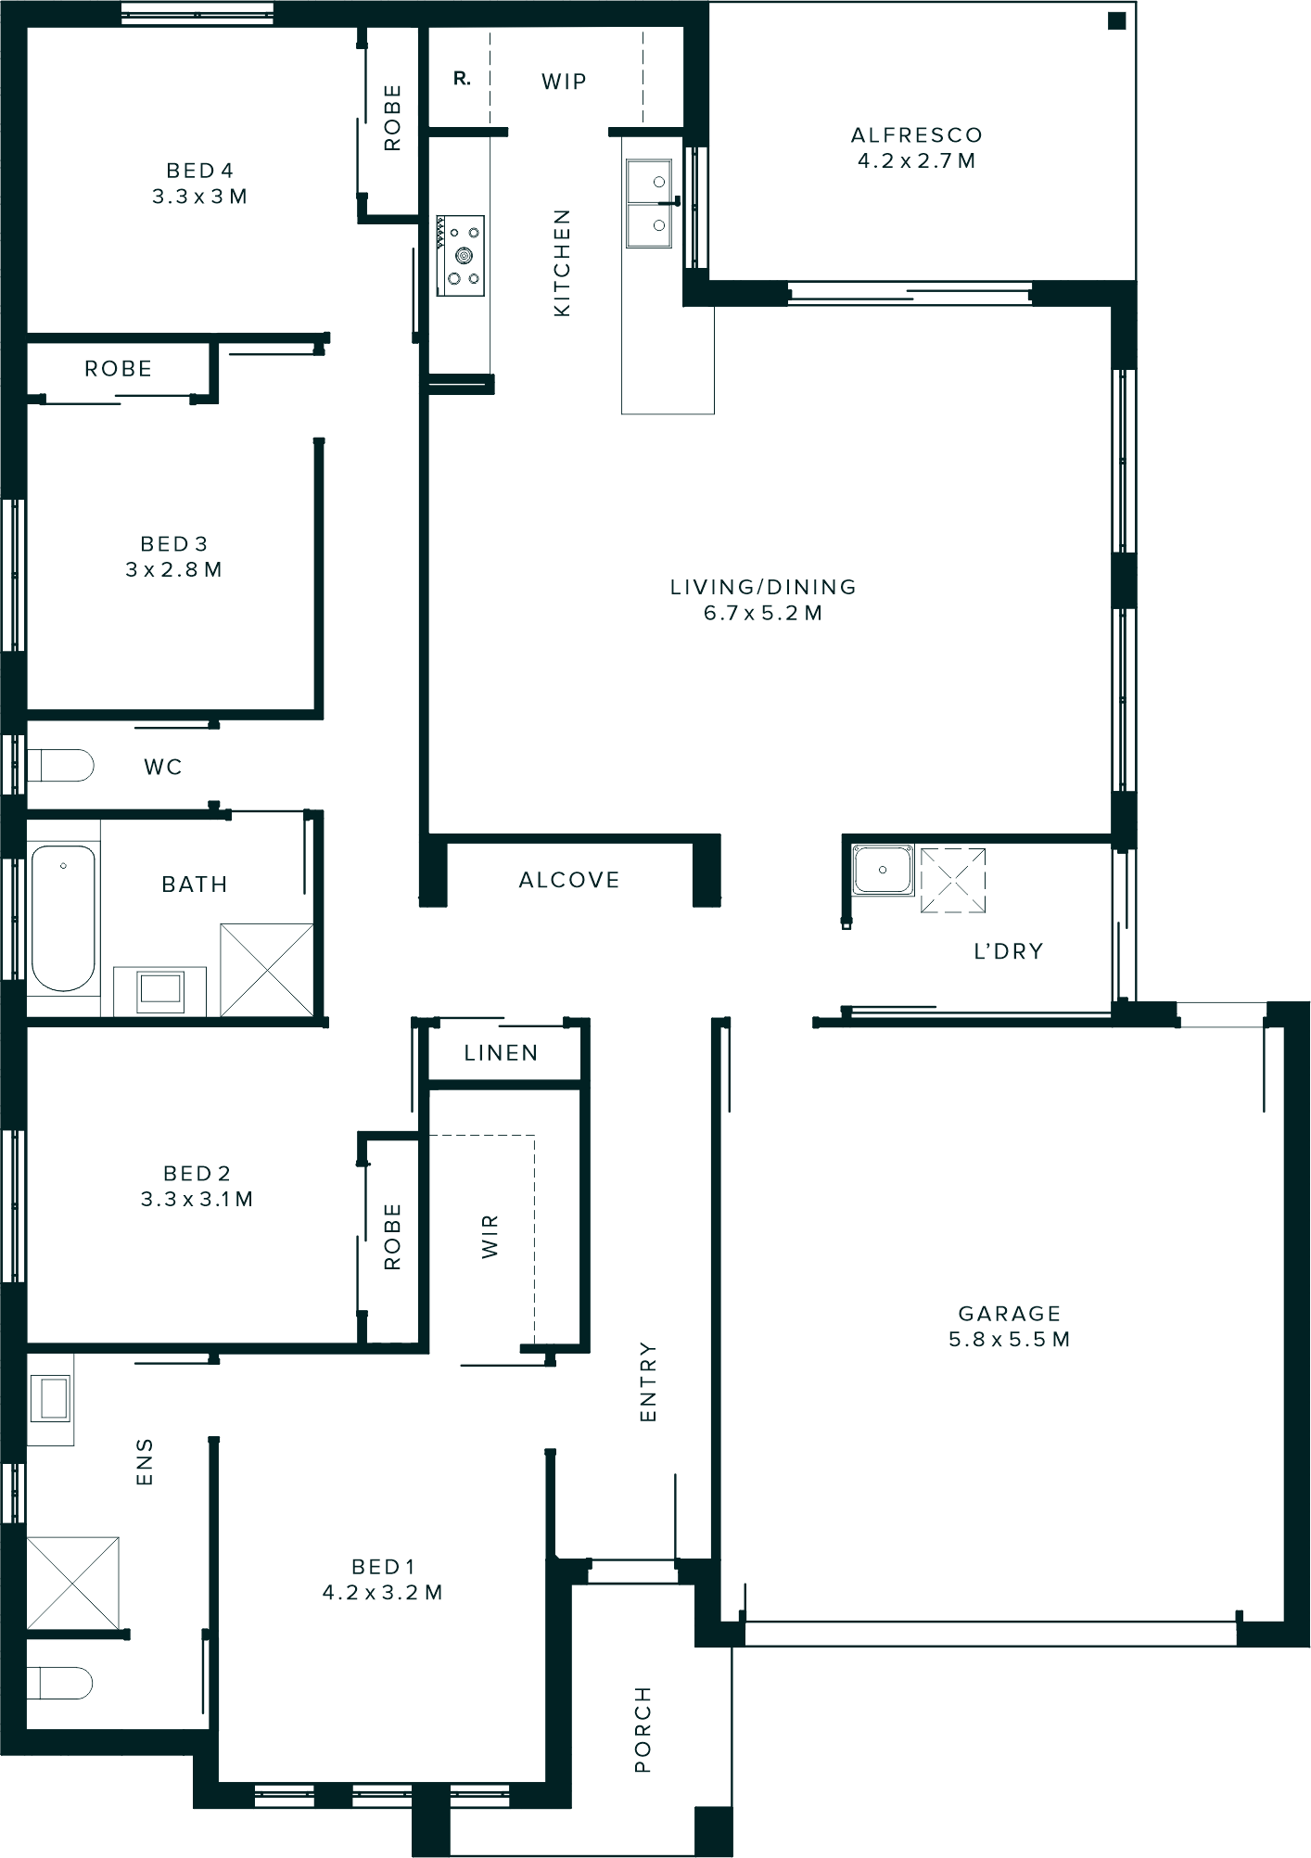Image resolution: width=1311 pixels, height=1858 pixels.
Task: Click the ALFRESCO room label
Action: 916,135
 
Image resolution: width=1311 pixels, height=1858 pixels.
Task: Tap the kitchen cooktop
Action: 461,256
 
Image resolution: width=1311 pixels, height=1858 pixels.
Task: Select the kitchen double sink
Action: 649,204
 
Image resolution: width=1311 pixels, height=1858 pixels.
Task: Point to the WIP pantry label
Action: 564,82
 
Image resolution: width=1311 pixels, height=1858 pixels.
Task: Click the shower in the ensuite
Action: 73,1583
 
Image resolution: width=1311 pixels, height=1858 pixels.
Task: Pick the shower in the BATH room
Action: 267,970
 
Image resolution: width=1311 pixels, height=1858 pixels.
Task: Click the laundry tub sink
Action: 883,870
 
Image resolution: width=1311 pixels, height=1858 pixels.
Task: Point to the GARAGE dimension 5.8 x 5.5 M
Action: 1009,1339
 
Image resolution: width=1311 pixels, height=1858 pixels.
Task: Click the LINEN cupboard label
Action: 501,1053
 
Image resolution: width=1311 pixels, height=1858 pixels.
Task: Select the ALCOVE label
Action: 568,880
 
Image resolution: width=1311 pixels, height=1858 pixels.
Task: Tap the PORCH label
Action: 643,1729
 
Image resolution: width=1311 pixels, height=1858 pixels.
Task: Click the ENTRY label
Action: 647,1381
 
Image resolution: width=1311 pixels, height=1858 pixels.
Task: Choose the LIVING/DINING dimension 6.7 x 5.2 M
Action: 762,613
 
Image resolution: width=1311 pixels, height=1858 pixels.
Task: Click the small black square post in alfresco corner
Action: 1117,20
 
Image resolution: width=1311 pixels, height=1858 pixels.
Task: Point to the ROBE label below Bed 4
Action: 118,369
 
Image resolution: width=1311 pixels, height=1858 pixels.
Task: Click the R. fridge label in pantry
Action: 462,80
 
